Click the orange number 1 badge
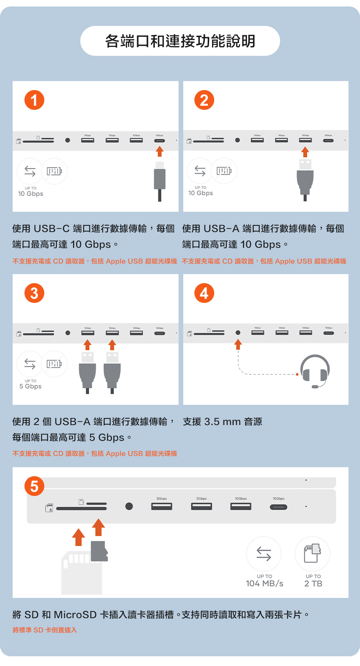click(34, 100)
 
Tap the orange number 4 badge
click(204, 293)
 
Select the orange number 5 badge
click(34, 486)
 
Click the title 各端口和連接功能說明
click(180, 41)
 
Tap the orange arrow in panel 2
click(305, 152)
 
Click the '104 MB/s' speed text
click(265, 584)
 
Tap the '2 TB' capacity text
click(313, 584)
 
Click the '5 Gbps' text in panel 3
click(31, 386)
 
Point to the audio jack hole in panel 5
click(129, 506)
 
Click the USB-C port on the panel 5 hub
click(279, 507)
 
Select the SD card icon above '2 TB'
click(312, 553)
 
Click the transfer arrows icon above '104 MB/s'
click(264, 554)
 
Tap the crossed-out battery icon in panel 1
click(54, 171)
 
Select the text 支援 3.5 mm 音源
click(222, 421)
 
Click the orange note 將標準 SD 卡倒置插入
click(45, 630)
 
